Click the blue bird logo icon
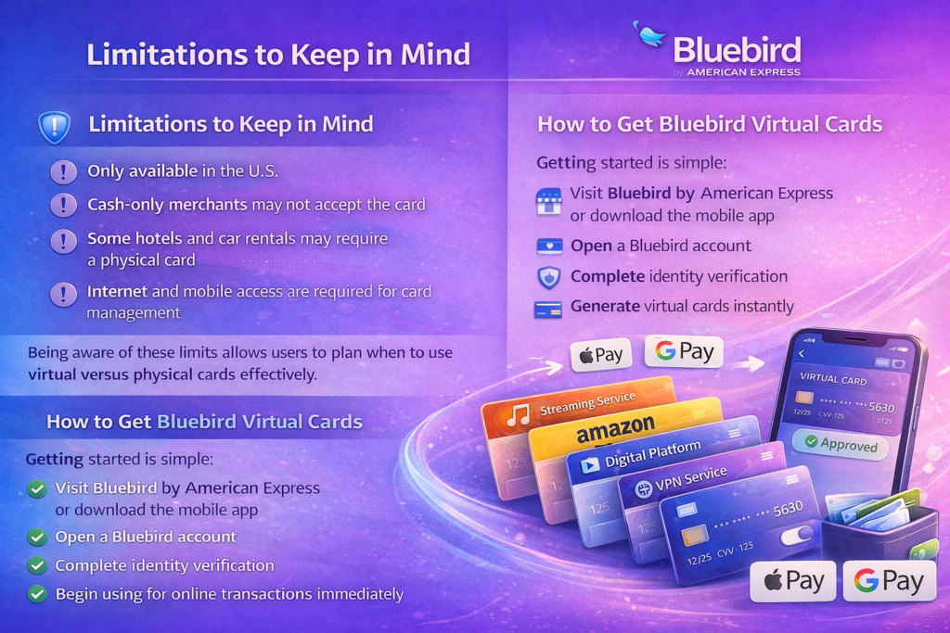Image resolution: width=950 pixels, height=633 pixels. [x=649, y=34]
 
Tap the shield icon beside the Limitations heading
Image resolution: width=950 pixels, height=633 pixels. [x=55, y=126]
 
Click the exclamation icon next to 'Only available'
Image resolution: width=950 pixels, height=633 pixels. [x=63, y=171]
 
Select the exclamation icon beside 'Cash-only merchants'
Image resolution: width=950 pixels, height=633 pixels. [x=63, y=205]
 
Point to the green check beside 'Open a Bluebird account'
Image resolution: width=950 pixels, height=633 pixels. [x=37, y=537]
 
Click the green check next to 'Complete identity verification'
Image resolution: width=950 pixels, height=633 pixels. [x=37, y=565]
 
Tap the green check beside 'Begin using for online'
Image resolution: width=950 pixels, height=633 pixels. [x=37, y=594]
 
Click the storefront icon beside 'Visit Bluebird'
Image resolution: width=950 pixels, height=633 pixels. [x=549, y=201]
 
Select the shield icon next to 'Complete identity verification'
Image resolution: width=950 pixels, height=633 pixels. [x=549, y=277]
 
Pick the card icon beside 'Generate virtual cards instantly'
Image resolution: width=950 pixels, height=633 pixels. [x=547, y=309]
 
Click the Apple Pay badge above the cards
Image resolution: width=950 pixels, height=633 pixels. [x=601, y=355]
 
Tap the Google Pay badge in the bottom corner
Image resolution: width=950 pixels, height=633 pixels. [x=890, y=581]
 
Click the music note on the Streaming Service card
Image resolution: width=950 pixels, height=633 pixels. [x=518, y=415]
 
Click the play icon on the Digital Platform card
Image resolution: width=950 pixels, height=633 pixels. [x=589, y=464]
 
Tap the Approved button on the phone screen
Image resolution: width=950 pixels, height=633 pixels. [x=841, y=444]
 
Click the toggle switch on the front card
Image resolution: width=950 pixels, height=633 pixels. [x=796, y=536]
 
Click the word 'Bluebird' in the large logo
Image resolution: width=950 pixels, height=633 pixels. [x=737, y=50]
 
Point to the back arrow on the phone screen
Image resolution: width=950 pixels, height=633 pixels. [x=802, y=354]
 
